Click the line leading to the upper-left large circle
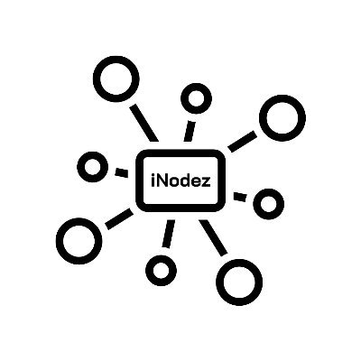(x=144, y=123)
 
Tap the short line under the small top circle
(x=190, y=131)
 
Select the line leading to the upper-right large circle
(x=243, y=142)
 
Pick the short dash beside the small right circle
(x=240, y=197)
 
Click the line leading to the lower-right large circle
(x=213, y=238)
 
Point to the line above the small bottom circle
(x=169, y=234)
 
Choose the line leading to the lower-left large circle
(x=119, y=219)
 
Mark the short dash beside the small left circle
(x=122, y=173)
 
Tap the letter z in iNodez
(x=206, y=182)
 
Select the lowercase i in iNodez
(x=153, y=180)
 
